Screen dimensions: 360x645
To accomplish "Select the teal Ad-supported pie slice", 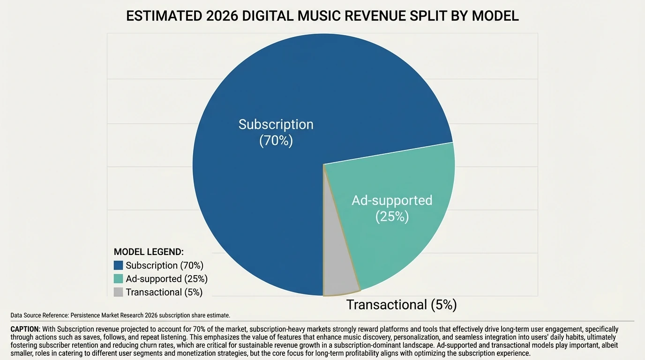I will click(x=403, y=234).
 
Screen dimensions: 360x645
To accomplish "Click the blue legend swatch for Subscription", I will click(x=118, y=265).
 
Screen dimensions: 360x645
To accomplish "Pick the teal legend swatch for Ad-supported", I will click(x=118, y=279).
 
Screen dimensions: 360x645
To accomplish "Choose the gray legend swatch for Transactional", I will click(x=118, y=292).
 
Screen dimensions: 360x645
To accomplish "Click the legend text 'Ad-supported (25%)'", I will click(x=166, y=279).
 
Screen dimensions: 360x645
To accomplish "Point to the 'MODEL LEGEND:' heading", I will click(x=149, y=252).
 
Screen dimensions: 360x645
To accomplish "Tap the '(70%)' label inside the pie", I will click(x=276, y=141).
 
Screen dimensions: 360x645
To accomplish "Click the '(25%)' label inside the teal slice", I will click(x=392, y=217).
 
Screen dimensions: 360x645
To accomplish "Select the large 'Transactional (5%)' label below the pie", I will click(x=401, y=305).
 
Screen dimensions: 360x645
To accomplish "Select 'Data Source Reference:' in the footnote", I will click(x=39, y=315).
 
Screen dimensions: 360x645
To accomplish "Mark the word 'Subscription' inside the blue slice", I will click(x=276, y=124).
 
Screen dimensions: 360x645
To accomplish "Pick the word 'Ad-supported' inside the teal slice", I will click(x=392, y=201).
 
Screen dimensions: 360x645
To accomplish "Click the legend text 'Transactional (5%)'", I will click(x=164, y=292).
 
